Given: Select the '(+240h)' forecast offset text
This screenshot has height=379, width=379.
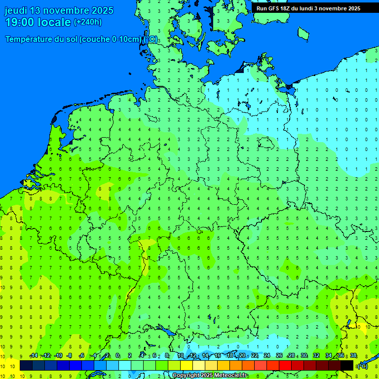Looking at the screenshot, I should click(87, 22).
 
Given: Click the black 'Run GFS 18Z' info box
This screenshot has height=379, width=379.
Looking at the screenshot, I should click(308, 8).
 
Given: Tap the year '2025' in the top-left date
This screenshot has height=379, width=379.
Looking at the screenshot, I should click(99, 10).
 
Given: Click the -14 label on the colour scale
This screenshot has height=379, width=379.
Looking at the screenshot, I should click(34, 355).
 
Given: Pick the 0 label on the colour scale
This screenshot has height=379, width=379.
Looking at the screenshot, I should click(117, 355).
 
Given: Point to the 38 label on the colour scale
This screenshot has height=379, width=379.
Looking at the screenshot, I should click(353, 355).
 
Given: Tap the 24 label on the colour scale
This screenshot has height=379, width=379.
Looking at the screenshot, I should click(267, 355).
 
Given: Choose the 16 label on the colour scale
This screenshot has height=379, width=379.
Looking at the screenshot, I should click(217, 355).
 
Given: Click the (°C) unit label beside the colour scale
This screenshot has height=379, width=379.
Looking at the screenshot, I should click(362, 366).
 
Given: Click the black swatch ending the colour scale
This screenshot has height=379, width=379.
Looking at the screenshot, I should click(347, 366).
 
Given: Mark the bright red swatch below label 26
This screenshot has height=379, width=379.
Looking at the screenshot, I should click(285, 366).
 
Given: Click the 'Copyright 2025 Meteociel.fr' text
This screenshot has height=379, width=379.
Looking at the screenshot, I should click(209, 375).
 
